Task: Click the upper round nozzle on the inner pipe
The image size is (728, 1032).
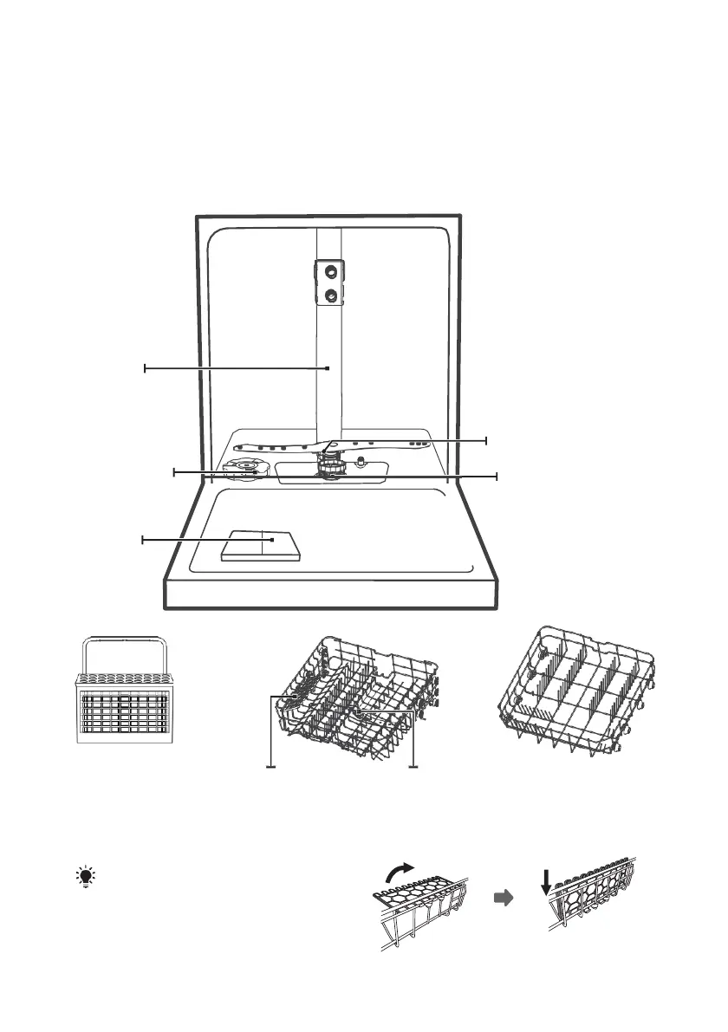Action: tap(330, 270)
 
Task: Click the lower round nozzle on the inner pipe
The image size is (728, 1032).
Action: tap(330, 295)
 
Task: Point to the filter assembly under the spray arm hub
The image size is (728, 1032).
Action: tap(330, 471)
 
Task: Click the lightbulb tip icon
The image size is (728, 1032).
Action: tap(86, 878)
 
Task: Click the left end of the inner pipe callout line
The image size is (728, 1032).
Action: tap(145, 368)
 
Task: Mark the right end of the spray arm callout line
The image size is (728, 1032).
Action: tap(486, 440)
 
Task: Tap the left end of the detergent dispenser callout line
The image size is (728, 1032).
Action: tap(143, 540)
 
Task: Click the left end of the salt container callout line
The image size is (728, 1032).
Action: tap(174, 471)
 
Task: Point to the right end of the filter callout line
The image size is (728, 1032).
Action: tap(497, 476)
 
